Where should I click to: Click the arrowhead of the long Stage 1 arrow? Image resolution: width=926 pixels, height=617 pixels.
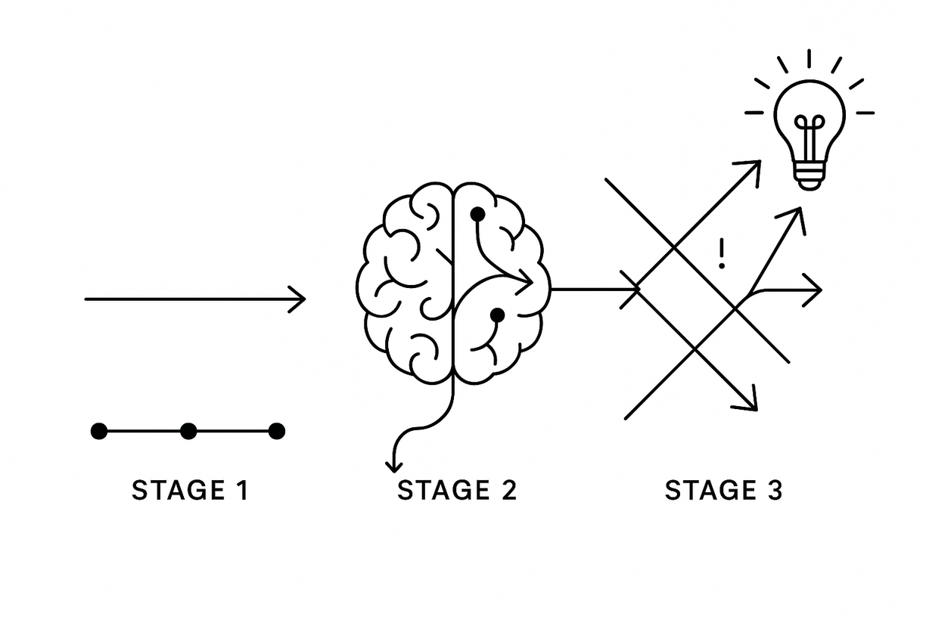pos(299,299)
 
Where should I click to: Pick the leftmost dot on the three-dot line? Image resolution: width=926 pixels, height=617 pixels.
pos(99,431)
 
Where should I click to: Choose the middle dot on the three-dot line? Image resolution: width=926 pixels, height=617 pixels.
pos(188,431)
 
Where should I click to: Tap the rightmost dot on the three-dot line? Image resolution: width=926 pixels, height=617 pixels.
pos(277,431)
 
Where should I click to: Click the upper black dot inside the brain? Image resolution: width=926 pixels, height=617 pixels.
pos(477,215)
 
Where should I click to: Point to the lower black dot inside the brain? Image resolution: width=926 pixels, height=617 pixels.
pos(497,315)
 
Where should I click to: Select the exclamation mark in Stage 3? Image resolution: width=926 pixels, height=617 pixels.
pos(722,255)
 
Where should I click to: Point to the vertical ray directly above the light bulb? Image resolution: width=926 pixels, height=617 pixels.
pos(809,59)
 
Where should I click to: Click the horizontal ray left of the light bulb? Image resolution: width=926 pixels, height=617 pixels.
pos(754,113)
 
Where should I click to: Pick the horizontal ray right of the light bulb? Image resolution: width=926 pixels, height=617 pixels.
pos(865,113)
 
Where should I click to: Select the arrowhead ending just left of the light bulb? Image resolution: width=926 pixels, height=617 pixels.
pos(754,166)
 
